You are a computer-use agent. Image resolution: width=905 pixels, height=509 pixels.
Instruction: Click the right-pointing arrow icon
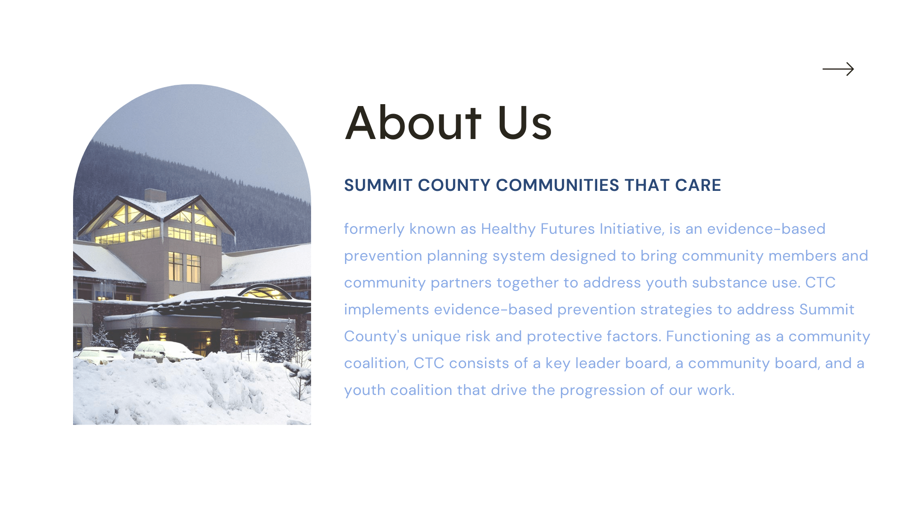(838, 69)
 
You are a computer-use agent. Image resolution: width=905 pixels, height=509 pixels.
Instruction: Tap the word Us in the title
(524, 123)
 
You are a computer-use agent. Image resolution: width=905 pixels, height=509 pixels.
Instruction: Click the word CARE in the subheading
(698, 185)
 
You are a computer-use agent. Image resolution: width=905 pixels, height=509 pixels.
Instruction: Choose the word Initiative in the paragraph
(632, 229)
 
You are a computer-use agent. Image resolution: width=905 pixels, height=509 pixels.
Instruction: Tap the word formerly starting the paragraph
(374, 229)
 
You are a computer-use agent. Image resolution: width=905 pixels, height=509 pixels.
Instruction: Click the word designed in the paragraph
(583, 256)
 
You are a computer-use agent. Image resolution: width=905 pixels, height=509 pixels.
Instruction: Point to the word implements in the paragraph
(387, 309)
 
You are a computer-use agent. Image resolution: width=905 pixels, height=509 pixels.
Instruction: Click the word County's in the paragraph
(375, 337)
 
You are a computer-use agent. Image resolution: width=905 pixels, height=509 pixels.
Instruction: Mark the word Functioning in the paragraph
(708, 337)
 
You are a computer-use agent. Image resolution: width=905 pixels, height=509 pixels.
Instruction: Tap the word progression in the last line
(602, 391)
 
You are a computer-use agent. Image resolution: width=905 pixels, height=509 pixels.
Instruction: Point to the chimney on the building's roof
(155, 195)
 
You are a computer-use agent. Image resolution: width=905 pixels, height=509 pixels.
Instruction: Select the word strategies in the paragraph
(676, 310)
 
